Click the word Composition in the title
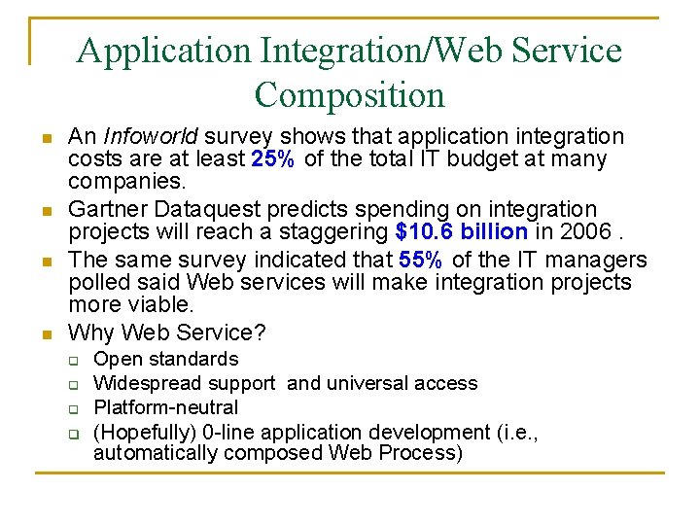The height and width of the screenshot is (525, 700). click(x=349, y=96)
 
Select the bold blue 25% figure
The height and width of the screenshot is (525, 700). click(x=274, y=159)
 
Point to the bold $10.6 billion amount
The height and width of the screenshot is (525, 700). click(x=462, y=233)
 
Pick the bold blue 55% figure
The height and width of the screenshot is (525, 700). click(x=422, y=260)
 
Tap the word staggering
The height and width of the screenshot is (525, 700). click(x=334, y=233)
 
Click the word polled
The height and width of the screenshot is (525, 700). click(x=97, y=283)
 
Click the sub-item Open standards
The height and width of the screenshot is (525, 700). click(x=165, y=360)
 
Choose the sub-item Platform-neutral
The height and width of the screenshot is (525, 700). click(x=165, y=407)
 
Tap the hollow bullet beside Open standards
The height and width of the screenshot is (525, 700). click(x=72, y=361)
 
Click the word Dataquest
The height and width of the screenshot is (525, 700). click(x=196, y=210)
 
